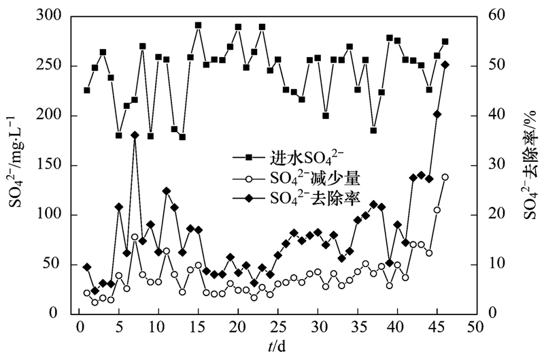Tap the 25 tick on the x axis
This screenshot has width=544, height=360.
277,328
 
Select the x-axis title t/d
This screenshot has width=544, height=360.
276,346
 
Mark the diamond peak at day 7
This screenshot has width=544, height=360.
135,135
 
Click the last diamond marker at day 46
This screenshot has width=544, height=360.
445,65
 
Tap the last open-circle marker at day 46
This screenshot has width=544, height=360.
445,177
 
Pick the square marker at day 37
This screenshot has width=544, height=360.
373,130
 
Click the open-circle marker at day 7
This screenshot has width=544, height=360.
135,237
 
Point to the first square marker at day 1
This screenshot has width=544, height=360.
87,90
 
